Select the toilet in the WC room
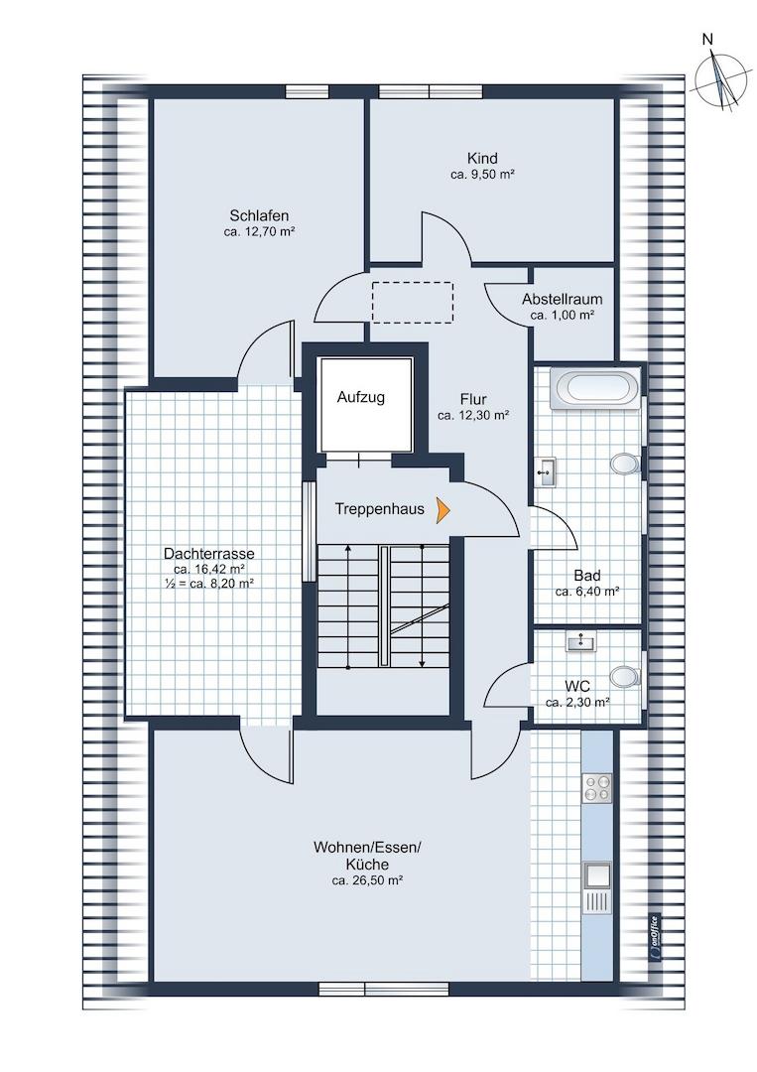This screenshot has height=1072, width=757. tap(624, 676)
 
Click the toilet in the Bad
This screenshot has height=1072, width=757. tap(624, 464)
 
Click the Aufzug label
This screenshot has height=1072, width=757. tap(361, 397)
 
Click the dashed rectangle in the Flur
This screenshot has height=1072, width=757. tap(413, 302)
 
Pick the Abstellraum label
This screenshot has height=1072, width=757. tap(563, 299)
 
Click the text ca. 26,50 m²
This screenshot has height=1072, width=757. tap(367, 881)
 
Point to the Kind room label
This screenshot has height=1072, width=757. tap(482, 158)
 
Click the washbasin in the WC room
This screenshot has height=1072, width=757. tap(580, 641)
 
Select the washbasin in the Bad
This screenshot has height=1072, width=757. tap(547, 471)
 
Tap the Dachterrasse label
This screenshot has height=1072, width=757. tap(209, 554)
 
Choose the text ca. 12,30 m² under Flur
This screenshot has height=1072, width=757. tap(473, 415)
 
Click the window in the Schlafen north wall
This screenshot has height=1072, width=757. tap(307, 91)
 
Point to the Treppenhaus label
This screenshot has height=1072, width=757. tap(380, 509)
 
